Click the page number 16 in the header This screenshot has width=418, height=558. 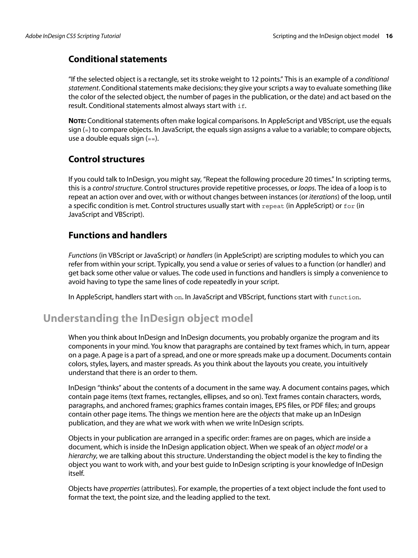coord(389,36)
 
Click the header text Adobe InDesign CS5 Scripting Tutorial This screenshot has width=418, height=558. coord(73,36)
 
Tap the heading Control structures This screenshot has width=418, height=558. coord(106,159)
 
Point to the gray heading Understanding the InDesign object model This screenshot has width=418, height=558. coord(148,318)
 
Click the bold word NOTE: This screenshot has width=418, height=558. coord(77,121)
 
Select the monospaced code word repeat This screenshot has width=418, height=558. coord(273,206)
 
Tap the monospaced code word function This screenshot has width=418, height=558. coord(344,297)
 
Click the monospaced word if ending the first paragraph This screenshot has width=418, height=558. coord(241,106)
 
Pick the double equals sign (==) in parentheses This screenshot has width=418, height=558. coord(152,139)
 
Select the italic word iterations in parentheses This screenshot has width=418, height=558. coord(323,197)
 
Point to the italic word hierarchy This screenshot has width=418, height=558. coord(82,456)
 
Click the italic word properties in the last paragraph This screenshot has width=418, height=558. coord(125,488)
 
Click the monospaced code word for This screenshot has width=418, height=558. coord(349,206)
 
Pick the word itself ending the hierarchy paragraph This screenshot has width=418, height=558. coord(76,473)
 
